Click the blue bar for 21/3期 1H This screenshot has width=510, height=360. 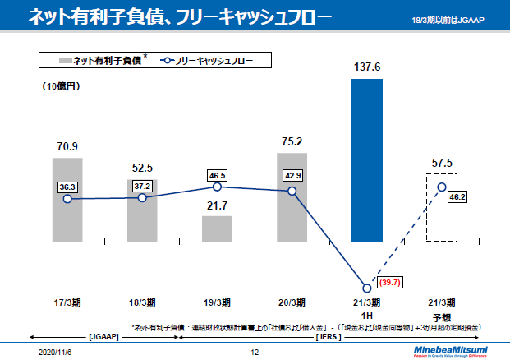[366, 160]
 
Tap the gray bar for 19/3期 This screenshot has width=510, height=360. [217, 228]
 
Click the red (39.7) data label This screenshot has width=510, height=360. [390, 283]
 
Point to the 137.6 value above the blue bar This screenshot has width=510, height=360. [367, 67]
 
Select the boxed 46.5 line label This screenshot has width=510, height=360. [218, 175]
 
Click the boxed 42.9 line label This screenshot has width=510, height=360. [292, 176]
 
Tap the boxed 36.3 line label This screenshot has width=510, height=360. [67, 187]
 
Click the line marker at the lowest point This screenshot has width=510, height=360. [367, 288]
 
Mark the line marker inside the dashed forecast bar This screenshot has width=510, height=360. [442, 187]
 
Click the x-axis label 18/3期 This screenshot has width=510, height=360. [142, 302]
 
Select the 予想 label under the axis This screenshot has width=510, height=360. [442, 316]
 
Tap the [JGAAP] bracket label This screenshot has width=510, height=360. [104, 336]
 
